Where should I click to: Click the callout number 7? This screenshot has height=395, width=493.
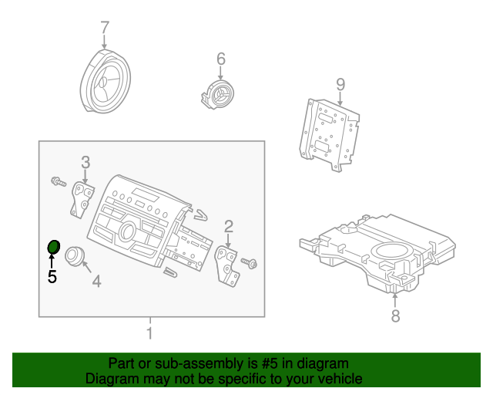(x=106, y=29)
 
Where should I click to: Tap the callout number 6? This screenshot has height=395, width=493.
(x=220, y=59)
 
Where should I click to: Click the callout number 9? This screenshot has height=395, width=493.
(x=340, y=84)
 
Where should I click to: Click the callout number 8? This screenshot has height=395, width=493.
(x=395, y=316)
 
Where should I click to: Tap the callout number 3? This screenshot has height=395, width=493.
(x=86, y=162)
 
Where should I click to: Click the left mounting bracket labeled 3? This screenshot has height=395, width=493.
(x=81, y=197)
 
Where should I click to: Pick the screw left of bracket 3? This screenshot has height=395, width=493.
(x=58, y=182)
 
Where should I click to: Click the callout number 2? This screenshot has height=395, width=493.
(x=229, y=226)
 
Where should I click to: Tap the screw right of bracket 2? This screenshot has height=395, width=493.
(x=250, y=263)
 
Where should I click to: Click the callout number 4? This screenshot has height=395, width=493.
(x=96, y=282)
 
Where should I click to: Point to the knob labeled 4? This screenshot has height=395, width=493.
(x=75, y=255)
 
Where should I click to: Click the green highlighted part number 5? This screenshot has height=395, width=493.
(x=54, y=247)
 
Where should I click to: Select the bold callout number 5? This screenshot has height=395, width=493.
(x=52, y=277)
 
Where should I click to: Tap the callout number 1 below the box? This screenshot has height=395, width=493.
(x=149, y=333)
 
